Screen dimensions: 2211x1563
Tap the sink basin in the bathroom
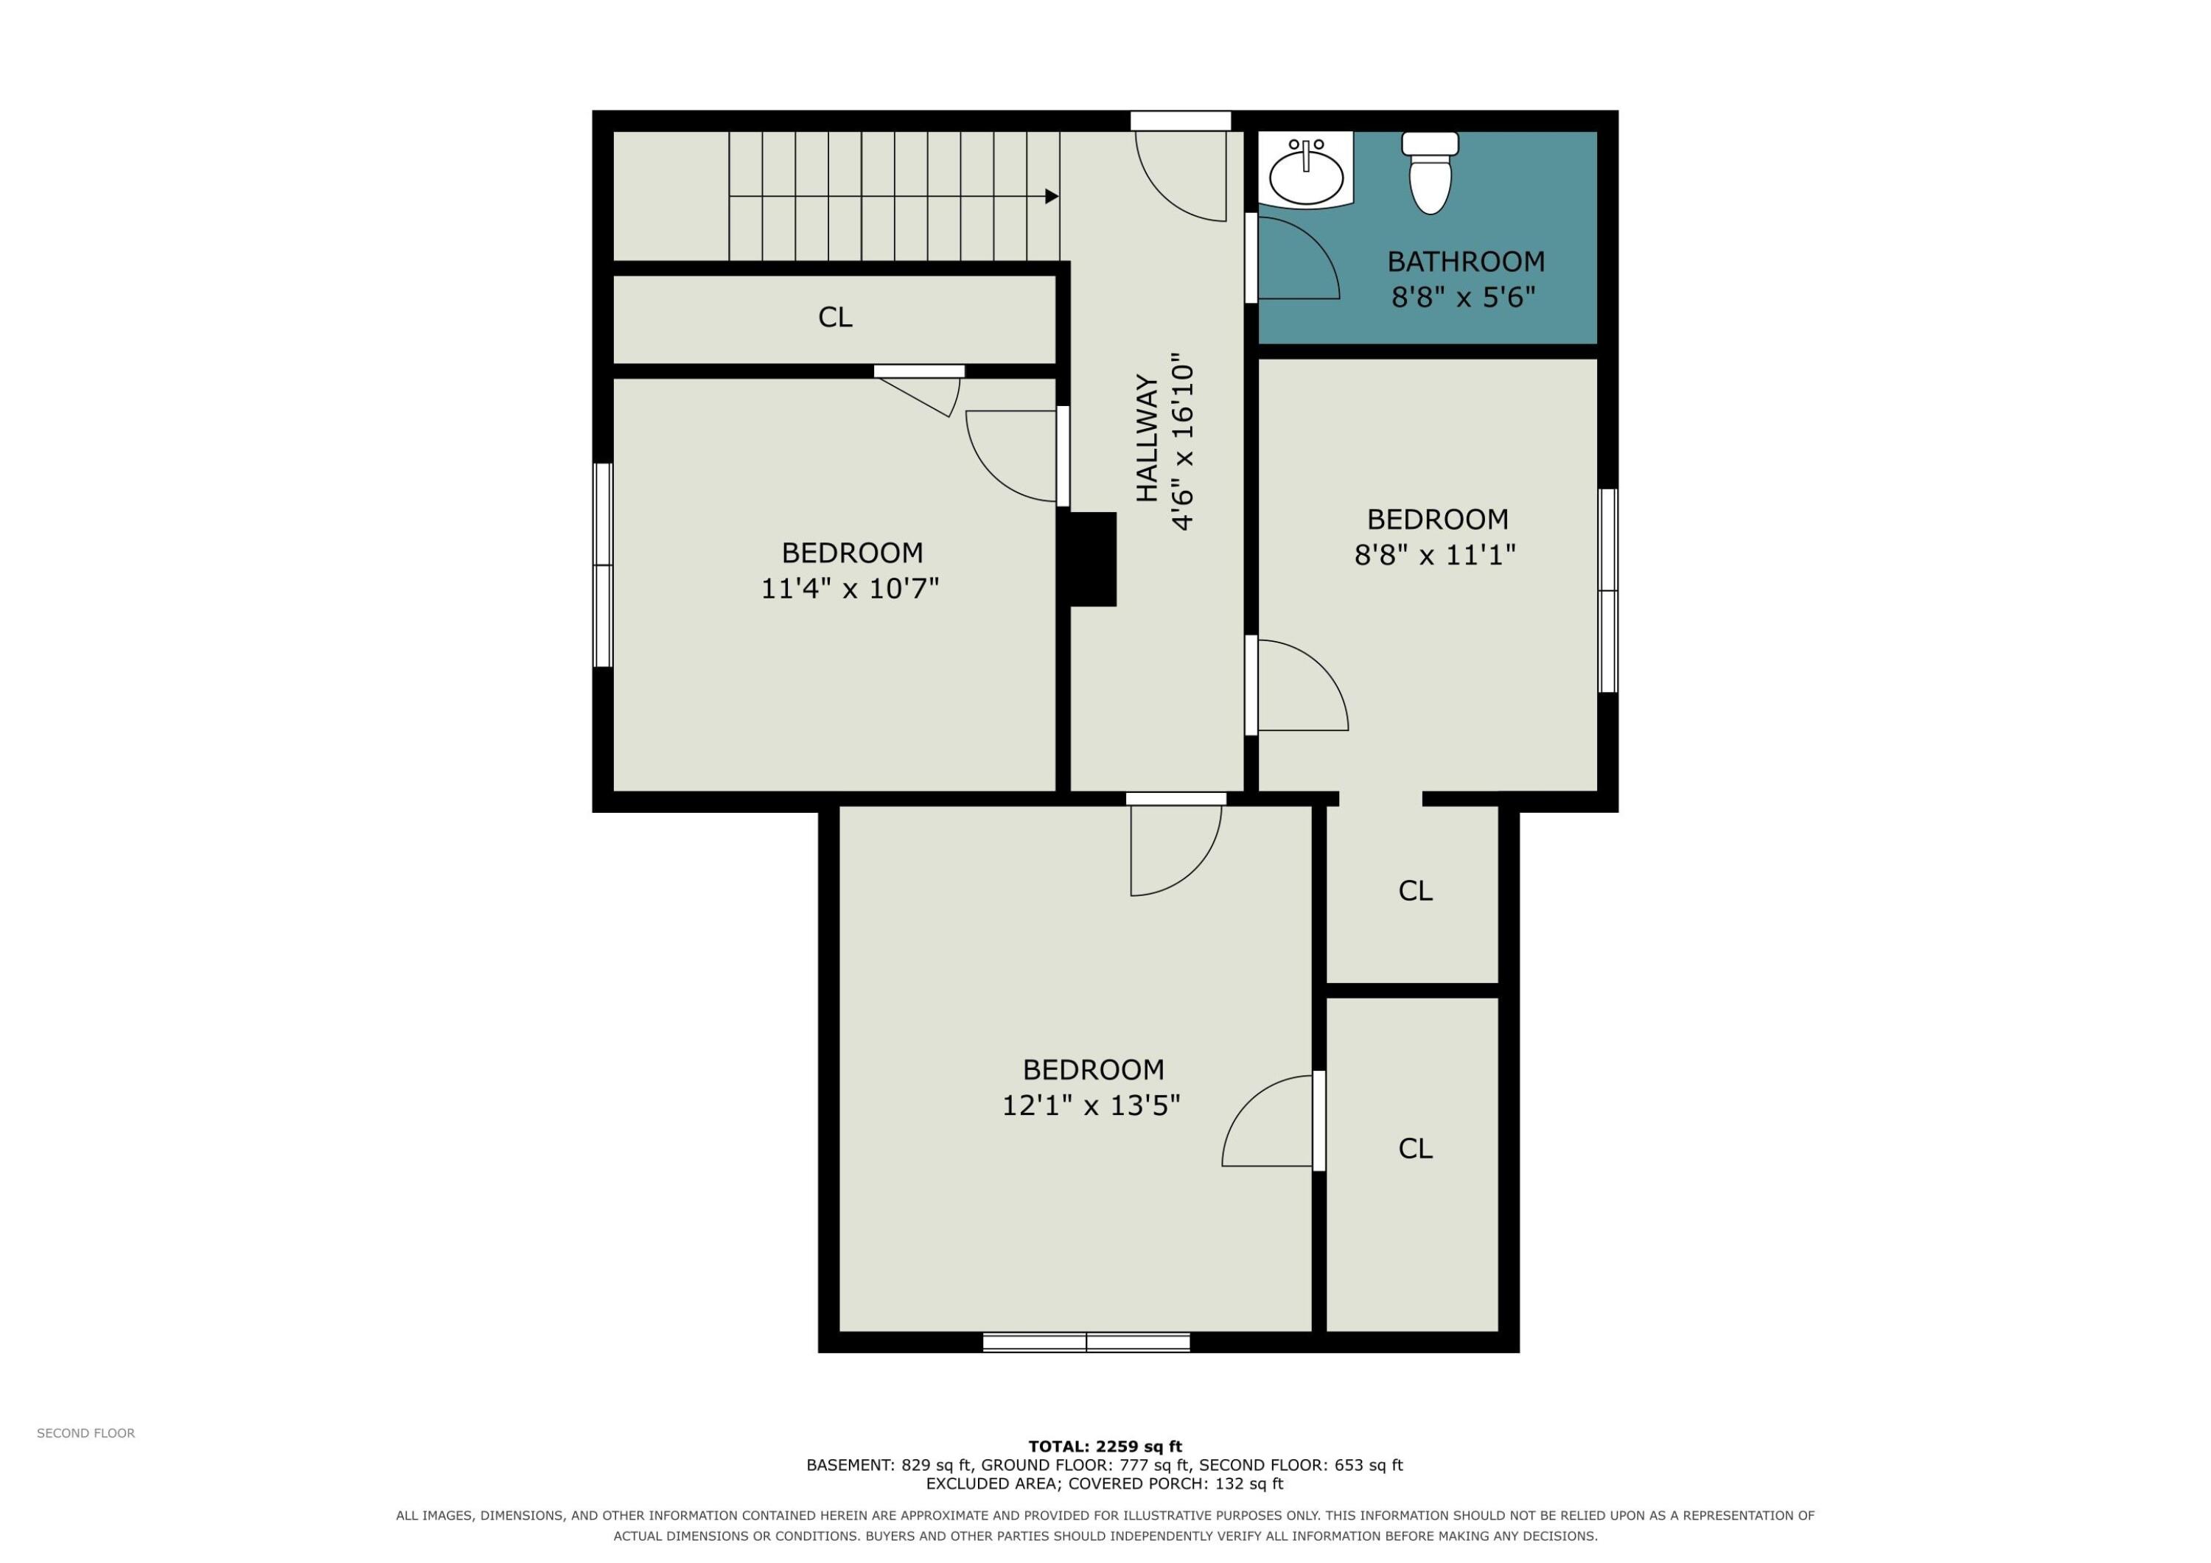click(1306, 176)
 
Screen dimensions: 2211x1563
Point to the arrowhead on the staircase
click(1052, 197)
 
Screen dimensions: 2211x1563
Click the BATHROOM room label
click(1466, 261)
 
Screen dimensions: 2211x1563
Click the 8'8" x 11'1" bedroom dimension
click(1435, 555)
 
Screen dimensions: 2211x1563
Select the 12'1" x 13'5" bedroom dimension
click(1091, 1105)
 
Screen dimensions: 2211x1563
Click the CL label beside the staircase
click(835, 317)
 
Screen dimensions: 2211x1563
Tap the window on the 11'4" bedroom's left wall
click(603, 565)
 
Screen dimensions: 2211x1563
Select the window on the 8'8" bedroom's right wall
click(1608, 590)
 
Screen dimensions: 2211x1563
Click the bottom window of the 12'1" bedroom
click(1086, 1343)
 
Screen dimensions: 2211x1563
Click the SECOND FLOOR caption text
click(85, 1433)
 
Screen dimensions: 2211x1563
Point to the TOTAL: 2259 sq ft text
click(1105, 1446)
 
